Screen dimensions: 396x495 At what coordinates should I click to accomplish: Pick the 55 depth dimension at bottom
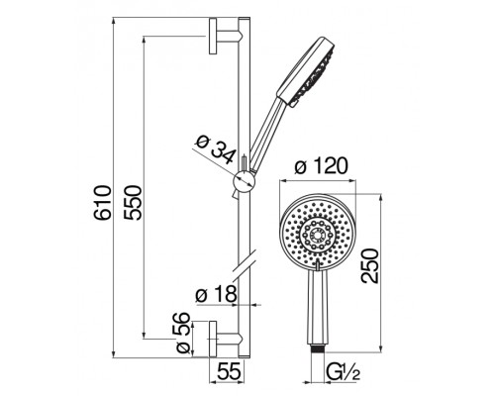[x=231, y=372]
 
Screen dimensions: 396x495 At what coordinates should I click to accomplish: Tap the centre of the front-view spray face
[x=317, y=232]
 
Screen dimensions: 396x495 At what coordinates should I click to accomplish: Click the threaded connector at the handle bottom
[x=317, y=346]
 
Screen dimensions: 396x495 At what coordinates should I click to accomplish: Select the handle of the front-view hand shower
[x=317, y=307]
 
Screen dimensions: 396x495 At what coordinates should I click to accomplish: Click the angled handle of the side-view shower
[x=262, y=139]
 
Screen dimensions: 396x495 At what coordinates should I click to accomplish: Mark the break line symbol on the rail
[x=243, y=265]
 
